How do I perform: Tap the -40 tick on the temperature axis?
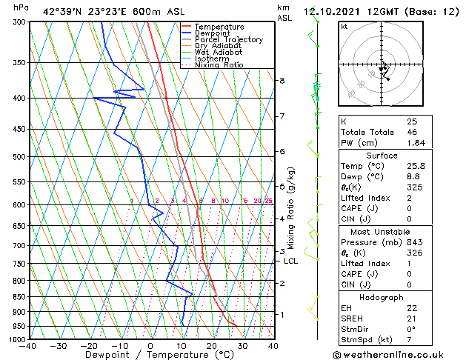point(28,345)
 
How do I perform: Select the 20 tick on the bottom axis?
point(212,345)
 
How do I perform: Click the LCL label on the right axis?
point(290,261)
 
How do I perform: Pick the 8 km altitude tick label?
point(282,80)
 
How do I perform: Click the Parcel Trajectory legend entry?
point(228,39)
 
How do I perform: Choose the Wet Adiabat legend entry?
point(220,53)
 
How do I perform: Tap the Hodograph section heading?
point(382,297)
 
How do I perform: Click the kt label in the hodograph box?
point(344,26)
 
